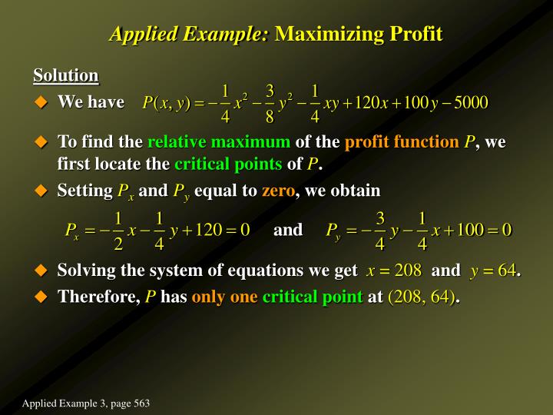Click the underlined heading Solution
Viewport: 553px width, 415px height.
pyautogui.click(x=65, y=75)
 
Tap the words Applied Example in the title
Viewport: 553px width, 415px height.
pyautogui.click(x=189, y=34)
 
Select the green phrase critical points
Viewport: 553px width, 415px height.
pyautogui.click(x=228, y=164)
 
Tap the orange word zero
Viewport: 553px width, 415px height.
pyautogui.click(x=278, y=190)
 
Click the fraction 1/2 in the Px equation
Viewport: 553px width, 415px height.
pyautogui.click(x=118, y=231)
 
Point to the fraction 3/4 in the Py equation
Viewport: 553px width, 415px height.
pyautogui.click(x=379, y=231)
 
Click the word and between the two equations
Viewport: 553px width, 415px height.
pyautogui.click(x=288, y=230)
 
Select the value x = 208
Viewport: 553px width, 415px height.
pyautogui.click(x=394, y=271)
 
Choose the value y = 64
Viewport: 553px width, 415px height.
pyautogui.click(x=492, y=271)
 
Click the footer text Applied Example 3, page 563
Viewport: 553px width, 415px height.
pyautogui.click(x=85, y=403)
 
